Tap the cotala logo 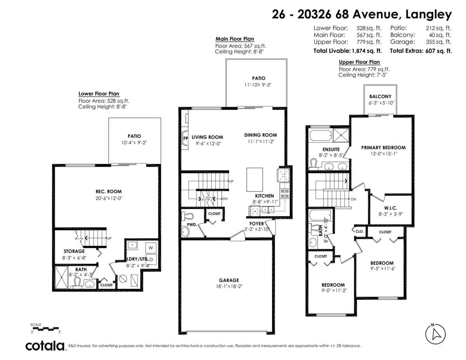pos(45,346)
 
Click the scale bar pos(45,329)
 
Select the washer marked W pos(151,248)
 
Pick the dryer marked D pos(151,259)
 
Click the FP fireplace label pos(186,138)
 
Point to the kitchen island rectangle pos(254,180)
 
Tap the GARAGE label pos(229,280)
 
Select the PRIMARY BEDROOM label pos(383,148)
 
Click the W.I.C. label pos(391,208)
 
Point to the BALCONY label pos(380,96)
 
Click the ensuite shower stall pos(341,135)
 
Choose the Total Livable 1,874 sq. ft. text pos(348,51)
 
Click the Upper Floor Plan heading pos(359,62)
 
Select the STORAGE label pos(74,251)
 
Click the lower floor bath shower pos(61,277)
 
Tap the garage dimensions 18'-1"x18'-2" pos(229,287)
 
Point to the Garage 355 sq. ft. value pos(438,42)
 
